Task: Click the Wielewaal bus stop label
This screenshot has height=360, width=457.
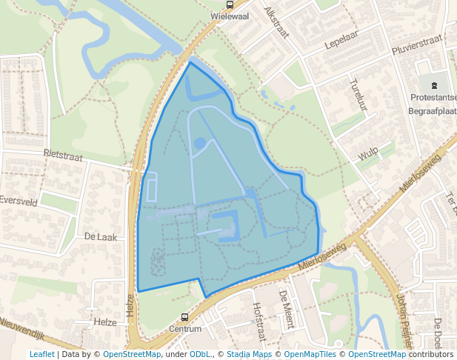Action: [x=228, y=14]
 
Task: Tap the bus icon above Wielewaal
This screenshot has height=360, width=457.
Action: [x=229, y=4]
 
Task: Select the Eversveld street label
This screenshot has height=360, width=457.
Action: [x=18, y=200]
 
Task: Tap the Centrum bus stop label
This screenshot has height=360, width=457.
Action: [x=185, y=328]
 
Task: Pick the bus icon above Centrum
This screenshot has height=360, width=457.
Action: [x=185, y=317]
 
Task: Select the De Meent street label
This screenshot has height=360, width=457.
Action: [x=286, y=309]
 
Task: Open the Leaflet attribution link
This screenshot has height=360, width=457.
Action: [x=41, y=354]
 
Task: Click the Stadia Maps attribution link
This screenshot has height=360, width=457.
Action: [x=249, y=354]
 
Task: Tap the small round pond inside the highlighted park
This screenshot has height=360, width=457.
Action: [x=199, y=143]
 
